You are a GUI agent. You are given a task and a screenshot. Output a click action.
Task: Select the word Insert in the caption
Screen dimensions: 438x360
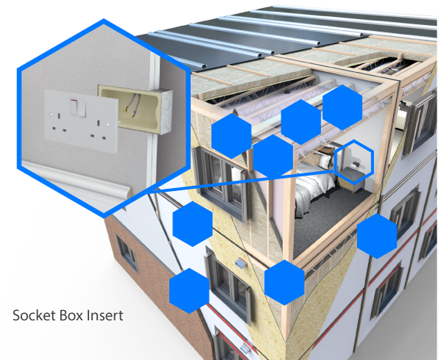pyautogui.click(x=105, y=315)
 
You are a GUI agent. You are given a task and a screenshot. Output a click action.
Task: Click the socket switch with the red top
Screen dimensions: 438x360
pyautogui.click(x=74, y=107)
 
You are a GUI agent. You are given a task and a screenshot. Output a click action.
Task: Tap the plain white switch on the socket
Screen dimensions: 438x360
pyautogui.click(x=82, y=109)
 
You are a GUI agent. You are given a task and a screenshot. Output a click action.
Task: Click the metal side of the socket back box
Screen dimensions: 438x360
pyautogui.click(x=166, y=112)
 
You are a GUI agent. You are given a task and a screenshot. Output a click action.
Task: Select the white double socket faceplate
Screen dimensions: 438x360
pyautogui.click(x=82, y=120)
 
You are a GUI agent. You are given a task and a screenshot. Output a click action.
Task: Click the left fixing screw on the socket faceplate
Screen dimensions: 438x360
pyautogui.click(x=51, y=115)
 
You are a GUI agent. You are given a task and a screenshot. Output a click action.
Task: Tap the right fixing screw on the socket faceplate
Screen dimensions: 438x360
pyautogui.click(x=107, y=124)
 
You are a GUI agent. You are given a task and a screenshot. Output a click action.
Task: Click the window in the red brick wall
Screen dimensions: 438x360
pyautogui.click(x=127, y=253)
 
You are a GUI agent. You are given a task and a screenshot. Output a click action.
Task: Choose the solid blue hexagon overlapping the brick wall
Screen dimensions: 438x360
pyautogui.click(x=189, y=291)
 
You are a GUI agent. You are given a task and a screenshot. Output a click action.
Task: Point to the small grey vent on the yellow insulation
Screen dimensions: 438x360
pyautogui.click(x=240, y=263)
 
